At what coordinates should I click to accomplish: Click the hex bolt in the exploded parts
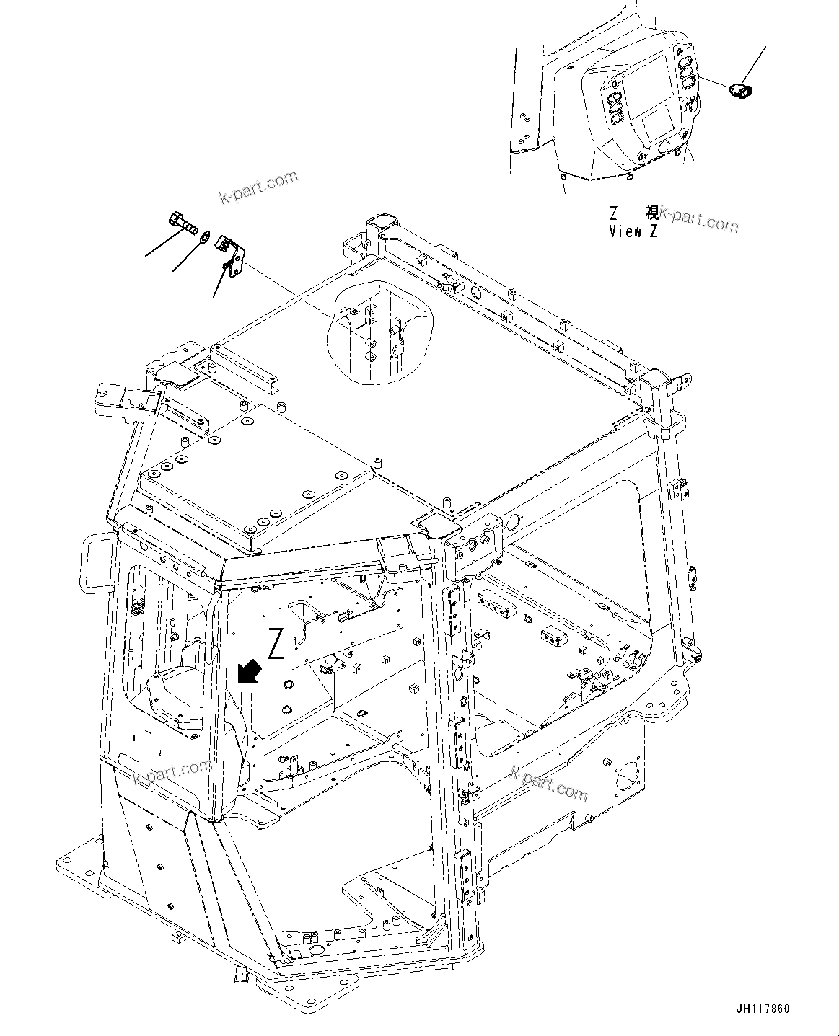click(x=182, y=221)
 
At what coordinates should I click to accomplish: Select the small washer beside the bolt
click(x=205, y=235)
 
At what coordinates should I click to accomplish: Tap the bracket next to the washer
click(x=230, y=252)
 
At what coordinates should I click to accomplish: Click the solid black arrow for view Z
click(x=249, y=672)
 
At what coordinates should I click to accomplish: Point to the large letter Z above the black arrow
click(x=275, y=643)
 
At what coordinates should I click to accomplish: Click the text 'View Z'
click(x=633, y=232)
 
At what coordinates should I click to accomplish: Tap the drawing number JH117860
click(x=768, y=1009)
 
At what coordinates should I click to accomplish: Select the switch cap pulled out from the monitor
click(x=740, y=90)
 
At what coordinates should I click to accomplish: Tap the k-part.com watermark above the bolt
click(x=258, y=187)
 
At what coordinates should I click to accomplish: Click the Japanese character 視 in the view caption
click(x=651, y=213)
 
